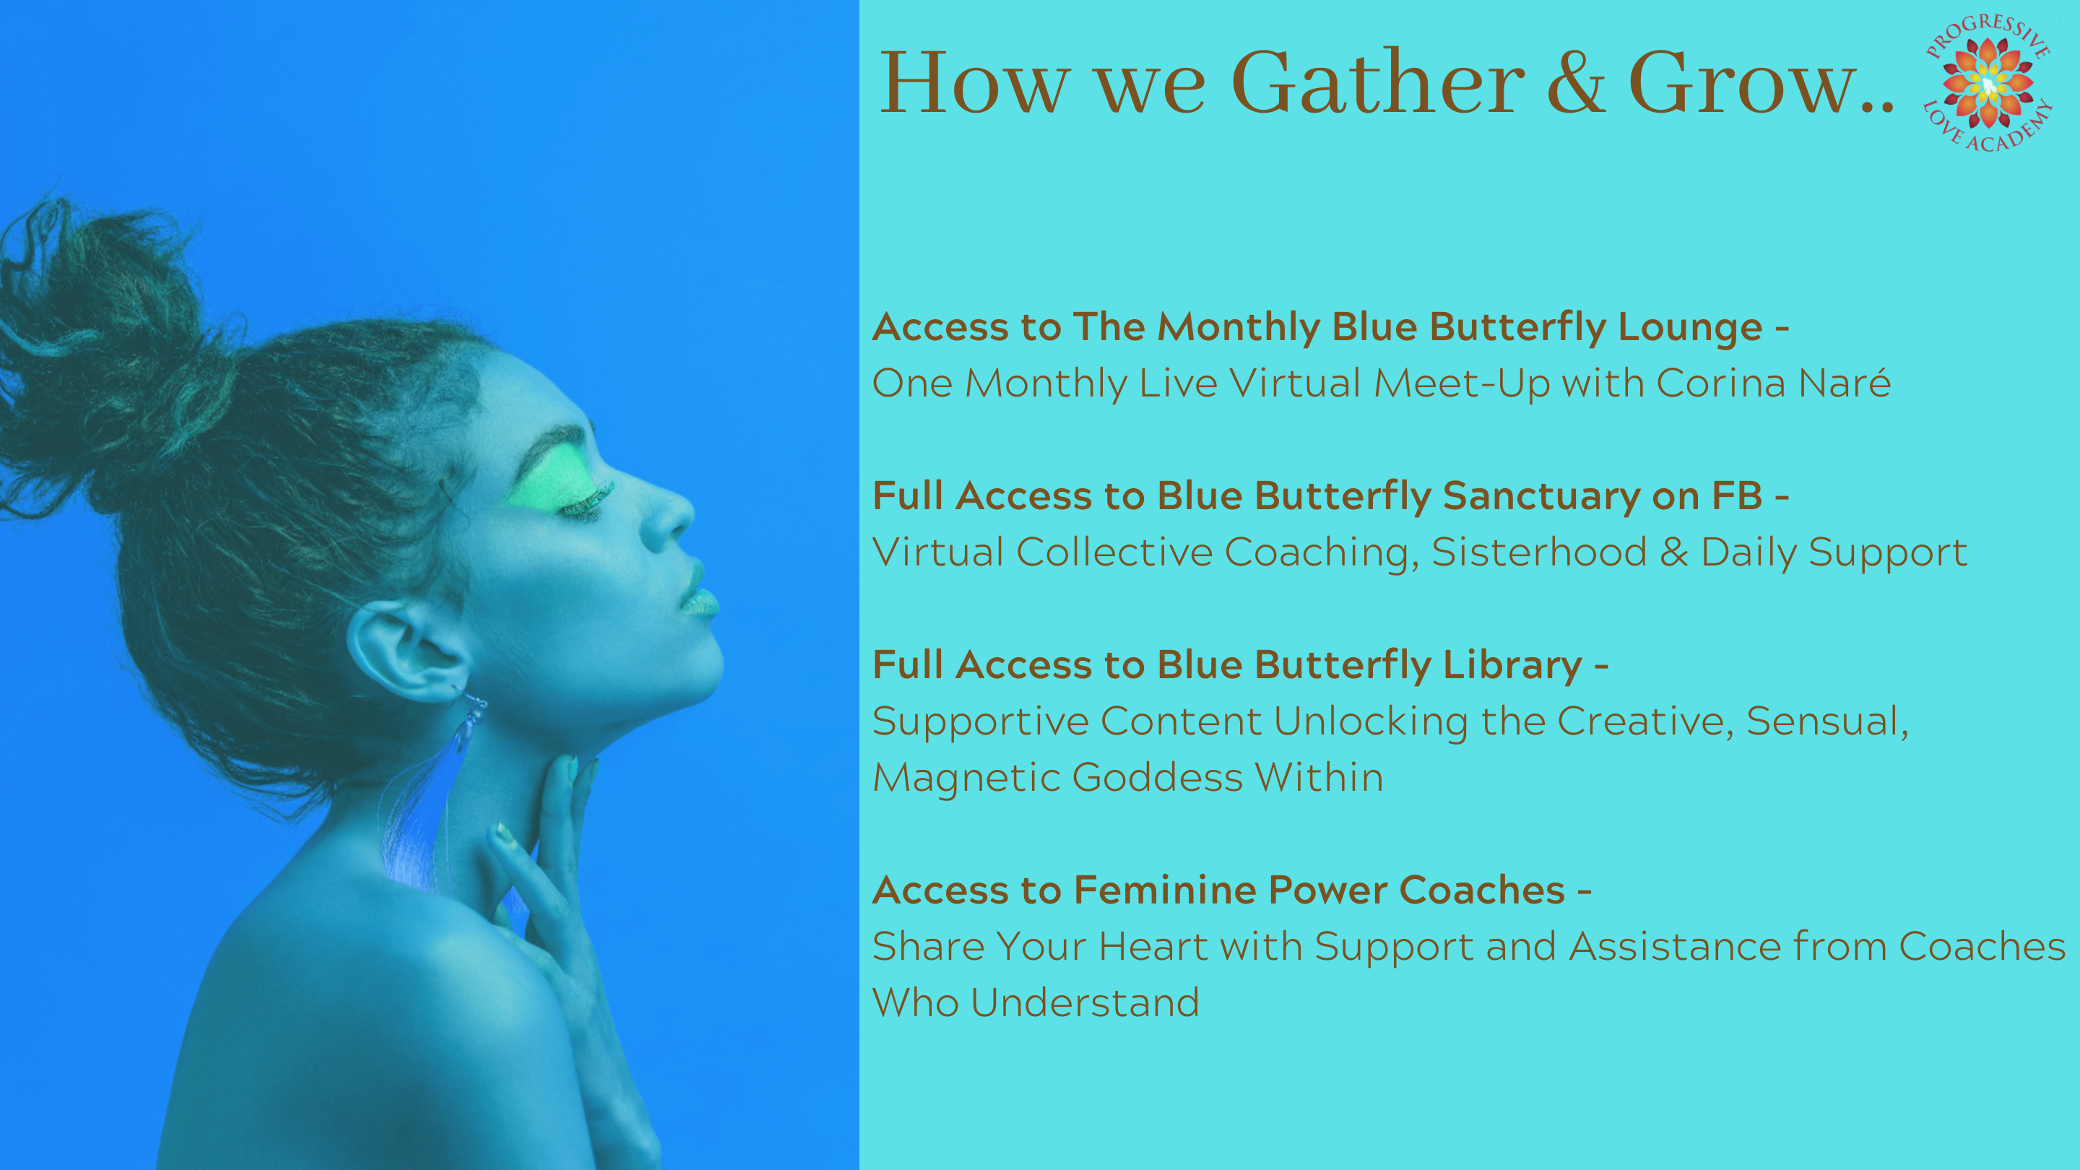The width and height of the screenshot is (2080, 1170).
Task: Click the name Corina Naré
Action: (1773, 383)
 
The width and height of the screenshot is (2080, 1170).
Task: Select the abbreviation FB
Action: (1737, 495)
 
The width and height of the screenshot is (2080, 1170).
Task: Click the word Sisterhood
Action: (1539, 552)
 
